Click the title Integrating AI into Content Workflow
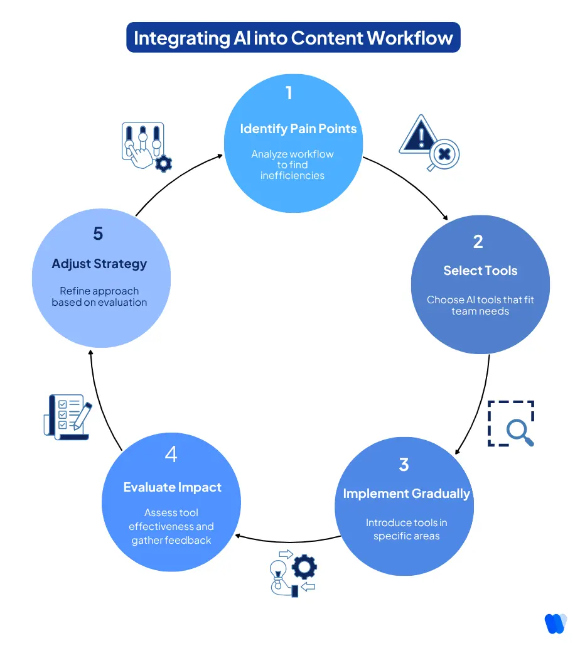pos(293,38)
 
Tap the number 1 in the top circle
pos(289,93)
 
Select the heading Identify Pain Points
pos(298,129)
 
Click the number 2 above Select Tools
pos(478,242)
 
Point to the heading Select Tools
pos(480,271)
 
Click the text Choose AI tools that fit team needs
pos(480,305)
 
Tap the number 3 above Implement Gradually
pos(404,464)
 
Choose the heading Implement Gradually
pos(406,494)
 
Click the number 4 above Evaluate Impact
pos(171,455)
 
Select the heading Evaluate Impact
pos(172,487)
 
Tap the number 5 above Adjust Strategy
pos(98,234)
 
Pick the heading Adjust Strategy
pos(99,264)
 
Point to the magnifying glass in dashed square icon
pos(512,424)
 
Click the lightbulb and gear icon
pos(292,573)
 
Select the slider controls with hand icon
pos(145,147)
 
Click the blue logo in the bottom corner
pos(556,623)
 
